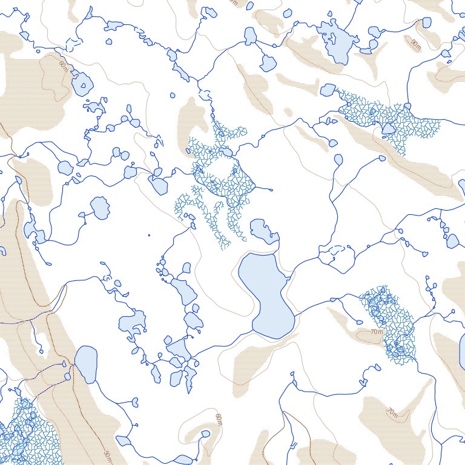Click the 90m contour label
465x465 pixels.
(415, 44)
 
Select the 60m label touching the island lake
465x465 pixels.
(64, 64)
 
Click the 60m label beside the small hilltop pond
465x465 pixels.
(219, 418)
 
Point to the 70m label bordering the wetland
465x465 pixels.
(377, 332)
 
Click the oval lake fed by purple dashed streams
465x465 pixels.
(85, 364)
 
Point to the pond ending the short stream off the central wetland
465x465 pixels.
(269, 190)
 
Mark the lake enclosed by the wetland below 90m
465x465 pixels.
(388, 129)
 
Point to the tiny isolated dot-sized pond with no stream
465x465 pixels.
(149, 235)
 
